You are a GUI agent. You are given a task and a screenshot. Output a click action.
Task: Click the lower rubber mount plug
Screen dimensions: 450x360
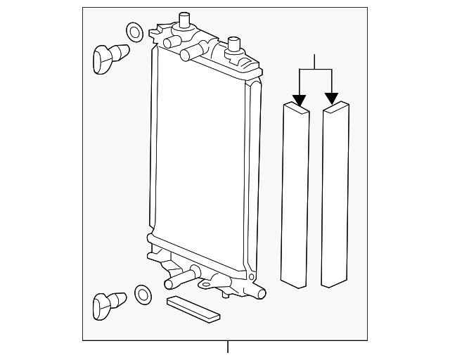click(x=108, y=304)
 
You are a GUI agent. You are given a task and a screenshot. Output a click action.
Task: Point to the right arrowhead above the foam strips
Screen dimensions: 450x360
click(x=331, y=99)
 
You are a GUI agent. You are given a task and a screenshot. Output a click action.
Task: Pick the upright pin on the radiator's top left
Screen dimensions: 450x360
click(x=185, y=20)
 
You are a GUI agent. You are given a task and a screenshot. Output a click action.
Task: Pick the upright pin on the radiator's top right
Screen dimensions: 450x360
click(x=232, y=47)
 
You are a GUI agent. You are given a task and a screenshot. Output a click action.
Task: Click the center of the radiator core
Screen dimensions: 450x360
click(x=200, y=162)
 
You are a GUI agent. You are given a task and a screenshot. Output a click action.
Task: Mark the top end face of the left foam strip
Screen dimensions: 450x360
click(x=296, y=108)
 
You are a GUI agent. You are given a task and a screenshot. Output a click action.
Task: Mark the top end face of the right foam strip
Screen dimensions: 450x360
click(x=336, y=108)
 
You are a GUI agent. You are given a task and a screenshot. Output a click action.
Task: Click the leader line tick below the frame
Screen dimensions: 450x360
click(x=228, y=347)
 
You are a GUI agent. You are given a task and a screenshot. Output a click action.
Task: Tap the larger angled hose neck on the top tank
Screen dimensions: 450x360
click(x=195, y=53)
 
